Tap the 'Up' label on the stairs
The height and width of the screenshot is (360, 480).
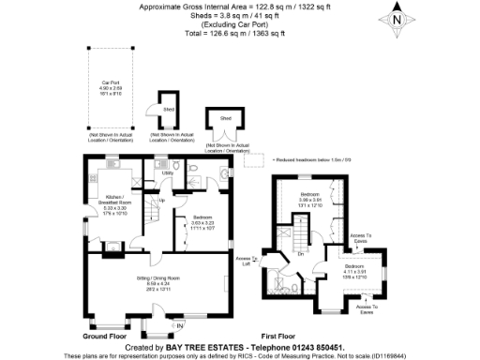(161, 200)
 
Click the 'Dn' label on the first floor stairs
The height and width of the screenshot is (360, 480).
(300, 254)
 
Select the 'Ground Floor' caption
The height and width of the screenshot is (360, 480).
(104, 336)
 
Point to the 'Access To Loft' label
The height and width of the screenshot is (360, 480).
(247, 260)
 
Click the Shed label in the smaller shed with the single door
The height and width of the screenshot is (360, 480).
(170, 109)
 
